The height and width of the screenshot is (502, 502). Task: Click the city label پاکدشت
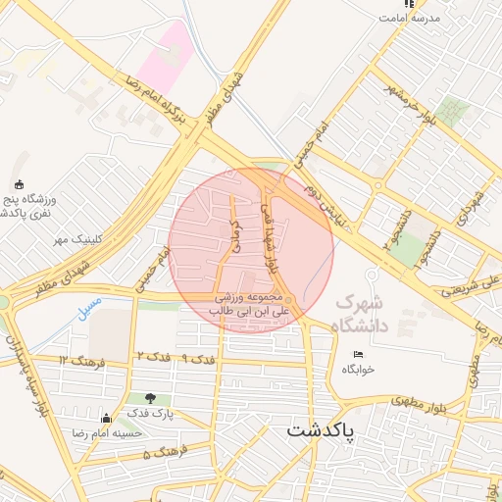click(x=320, y=429)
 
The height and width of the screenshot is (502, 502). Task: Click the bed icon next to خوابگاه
click(x=358, y=354)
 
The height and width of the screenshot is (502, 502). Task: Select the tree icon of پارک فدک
click(x=150, y=398)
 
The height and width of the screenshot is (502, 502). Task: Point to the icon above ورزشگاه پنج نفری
click(x=19, y=185)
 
